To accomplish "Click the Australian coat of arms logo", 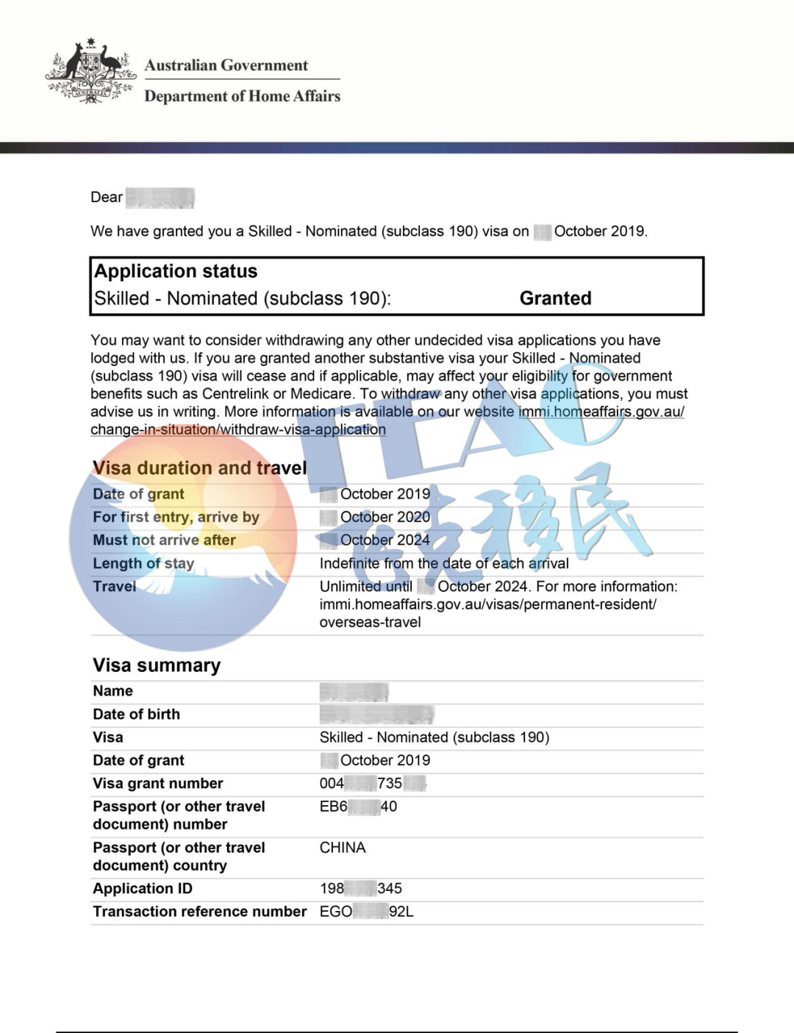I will click(90, 71).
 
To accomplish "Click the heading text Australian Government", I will click(226, 65).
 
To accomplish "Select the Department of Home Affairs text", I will click(242, 96).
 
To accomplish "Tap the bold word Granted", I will click(555, 299).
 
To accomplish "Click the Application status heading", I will click(176, 271).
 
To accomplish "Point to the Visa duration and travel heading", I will click(199, 468).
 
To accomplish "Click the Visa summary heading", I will click(157, 665).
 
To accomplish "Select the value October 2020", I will click(385, 517).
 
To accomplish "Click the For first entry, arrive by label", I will click(176, 517).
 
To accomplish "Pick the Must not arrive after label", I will click(164, 540).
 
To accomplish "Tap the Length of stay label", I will click(143, 564).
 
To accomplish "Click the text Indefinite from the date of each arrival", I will click(443, 564).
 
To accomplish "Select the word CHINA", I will click(343, 848).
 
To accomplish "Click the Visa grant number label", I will click(157, 784).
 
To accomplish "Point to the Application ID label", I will click(143, 889).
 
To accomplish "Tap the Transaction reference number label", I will click(199, 912).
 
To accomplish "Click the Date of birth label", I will click(136, 715).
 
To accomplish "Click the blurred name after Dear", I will click(160, 198).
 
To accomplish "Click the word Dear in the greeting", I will click(107, 197).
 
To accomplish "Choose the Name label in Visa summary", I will click(112, 691).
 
